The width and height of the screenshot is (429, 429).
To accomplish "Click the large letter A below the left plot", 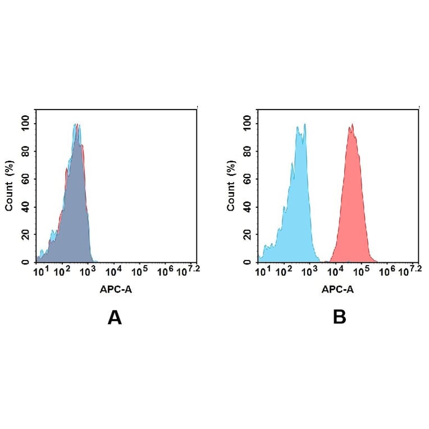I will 115,318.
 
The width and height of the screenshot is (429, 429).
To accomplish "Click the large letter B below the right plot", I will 339,318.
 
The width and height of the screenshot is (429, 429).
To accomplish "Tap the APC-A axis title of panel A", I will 116,290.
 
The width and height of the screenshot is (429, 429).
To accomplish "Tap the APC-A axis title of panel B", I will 337,290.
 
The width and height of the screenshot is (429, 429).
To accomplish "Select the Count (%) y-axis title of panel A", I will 9,186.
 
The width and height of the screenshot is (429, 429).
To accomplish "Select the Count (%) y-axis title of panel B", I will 231,186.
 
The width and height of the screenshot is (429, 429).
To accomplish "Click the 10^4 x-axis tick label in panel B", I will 336,272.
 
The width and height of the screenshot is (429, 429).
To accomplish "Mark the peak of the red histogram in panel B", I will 352,125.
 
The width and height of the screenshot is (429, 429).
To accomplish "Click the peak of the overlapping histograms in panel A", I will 77,125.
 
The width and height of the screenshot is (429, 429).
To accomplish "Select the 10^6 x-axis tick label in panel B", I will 387,272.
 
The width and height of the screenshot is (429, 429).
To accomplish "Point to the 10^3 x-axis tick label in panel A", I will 88,272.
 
